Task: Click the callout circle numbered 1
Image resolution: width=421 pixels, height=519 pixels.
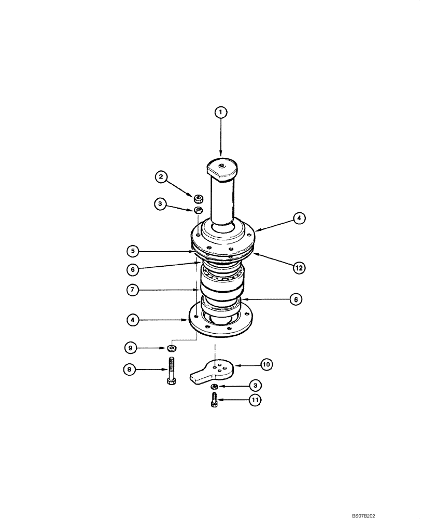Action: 221,112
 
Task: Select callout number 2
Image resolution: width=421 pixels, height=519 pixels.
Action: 161,177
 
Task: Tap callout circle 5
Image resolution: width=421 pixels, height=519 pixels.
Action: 133,251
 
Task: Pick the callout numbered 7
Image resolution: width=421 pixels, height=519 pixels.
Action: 133,291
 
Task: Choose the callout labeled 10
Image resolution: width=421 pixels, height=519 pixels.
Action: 266,365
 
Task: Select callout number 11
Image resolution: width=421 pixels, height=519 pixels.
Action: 255,400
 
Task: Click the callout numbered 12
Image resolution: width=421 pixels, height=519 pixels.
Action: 299,268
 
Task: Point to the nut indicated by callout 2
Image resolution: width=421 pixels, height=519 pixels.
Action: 198,198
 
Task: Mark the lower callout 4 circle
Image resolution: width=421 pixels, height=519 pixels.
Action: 133,320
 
